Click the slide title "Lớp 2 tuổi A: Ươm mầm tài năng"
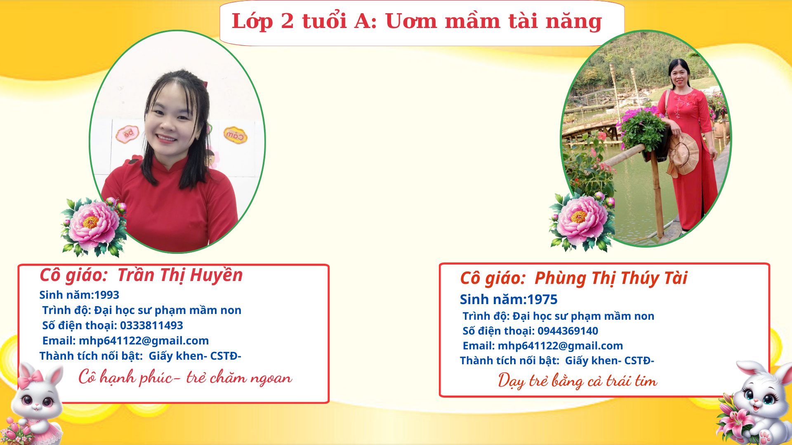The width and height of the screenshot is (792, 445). [x=417, y=21]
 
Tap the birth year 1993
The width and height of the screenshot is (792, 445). [x=107, y=295]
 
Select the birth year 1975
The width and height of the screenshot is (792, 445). [x=542, y=300]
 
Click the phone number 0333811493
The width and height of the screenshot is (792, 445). [x=151, y=326]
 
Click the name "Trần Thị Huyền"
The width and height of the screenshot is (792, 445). [x=180, y=275]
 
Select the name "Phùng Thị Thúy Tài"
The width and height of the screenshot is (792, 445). [x=611, y=278]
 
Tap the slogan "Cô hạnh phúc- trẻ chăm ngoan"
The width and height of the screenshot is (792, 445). [x=185, y=377]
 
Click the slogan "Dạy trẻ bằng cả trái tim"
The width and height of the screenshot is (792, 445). [x=577, y=380]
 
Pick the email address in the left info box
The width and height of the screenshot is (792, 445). [x=144, y=341]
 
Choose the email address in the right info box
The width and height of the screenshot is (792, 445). [x=560, y=346]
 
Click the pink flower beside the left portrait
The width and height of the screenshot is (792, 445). [x=94, y=226]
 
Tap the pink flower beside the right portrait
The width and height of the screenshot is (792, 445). [x=582, y=222]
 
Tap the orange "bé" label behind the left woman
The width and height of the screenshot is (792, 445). [x=127, y=134]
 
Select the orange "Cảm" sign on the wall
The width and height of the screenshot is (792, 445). [x=236, y=135]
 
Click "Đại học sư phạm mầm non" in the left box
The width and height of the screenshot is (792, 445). [x=167, y=310]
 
